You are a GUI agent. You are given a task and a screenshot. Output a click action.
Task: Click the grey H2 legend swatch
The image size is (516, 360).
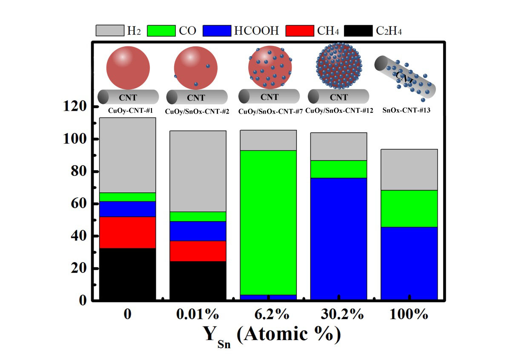110,31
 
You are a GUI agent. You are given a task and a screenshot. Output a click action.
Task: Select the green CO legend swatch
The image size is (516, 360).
161,31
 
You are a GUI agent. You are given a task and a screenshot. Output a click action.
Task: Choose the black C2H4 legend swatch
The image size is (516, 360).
358,31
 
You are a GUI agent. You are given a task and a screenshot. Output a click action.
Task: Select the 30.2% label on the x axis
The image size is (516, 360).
339,314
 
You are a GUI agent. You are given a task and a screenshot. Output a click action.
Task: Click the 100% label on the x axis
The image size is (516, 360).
409,314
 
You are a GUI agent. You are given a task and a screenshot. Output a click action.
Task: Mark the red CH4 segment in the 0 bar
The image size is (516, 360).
127,232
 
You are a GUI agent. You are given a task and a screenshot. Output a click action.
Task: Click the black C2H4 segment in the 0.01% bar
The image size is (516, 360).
198,281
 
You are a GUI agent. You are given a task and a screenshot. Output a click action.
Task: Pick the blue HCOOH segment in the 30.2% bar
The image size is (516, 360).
339,238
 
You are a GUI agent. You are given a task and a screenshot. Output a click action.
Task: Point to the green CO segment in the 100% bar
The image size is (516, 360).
409,208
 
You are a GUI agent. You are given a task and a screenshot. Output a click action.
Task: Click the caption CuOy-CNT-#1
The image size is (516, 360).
128,111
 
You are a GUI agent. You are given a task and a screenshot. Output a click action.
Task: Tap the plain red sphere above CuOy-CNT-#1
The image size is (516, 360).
128,68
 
